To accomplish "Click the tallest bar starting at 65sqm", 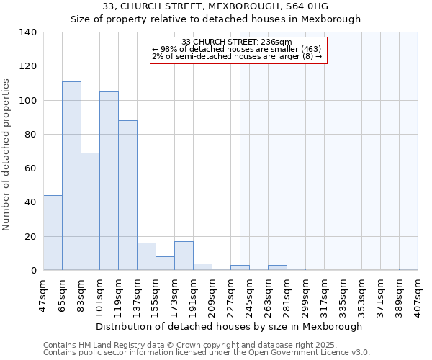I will click(x=71, y=176).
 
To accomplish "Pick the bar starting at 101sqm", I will click(x=109, y=181).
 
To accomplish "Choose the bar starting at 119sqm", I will click(x=127, y=195).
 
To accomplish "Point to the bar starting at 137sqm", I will click(x=146, y=256).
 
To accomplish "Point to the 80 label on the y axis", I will click(x=30, y=135).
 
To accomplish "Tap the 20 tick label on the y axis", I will click(x=30, y=236).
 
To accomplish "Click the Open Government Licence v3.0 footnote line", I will click(x=207, y=352).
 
